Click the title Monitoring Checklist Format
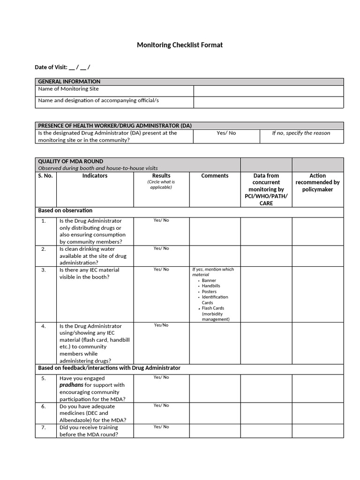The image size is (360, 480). click(x=180, y=45)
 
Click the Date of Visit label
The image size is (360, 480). click(x=51, y=67)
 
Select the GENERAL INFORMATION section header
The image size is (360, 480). click(x=69, y=82)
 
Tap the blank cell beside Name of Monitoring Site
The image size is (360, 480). click(x=268, y=90)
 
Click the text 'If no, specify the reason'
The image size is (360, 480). click(x=301, y=133)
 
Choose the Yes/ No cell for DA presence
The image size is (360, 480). click(x=226, y=133)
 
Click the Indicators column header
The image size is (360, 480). click(x=95, y=176)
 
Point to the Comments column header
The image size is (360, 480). click(x=215, y=176)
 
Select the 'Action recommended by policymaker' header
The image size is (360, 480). click(x=317, y=182)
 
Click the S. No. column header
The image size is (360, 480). click(x=46, y=176)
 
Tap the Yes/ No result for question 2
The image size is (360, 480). click(x=161, y=248)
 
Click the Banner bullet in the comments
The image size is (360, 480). click(x=209, y=280)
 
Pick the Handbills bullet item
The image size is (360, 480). click(x=210, y=286)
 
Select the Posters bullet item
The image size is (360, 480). click(x=209, y=292)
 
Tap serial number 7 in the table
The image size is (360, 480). click(x=43, y=427)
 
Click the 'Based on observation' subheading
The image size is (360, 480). click(x=65, y=210)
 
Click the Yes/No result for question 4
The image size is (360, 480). click(x=161, y=325)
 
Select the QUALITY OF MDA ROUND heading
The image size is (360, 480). click(x=70, y=161)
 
